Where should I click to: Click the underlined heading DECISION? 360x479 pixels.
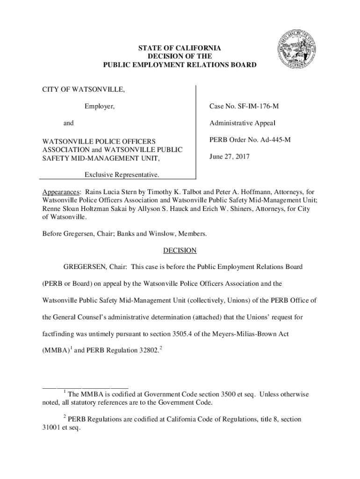point(180,251)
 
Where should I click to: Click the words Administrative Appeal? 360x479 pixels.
point(242,124)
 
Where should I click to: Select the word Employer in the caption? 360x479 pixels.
point(99,107)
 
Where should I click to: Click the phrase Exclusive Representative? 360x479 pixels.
point(122,174)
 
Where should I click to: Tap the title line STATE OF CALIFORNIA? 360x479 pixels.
point(180,48)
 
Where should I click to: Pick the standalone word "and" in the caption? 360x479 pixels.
point(68,124)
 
